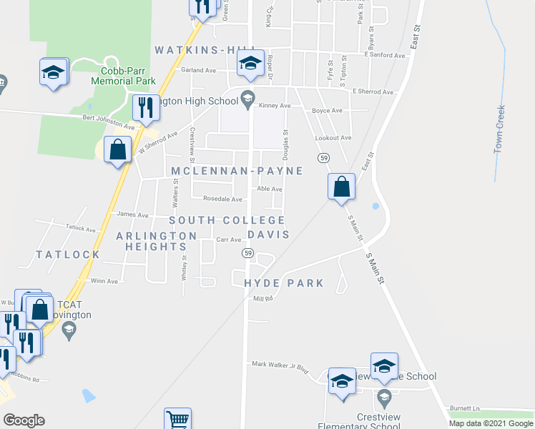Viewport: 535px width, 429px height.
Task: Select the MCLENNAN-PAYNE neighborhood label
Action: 237,171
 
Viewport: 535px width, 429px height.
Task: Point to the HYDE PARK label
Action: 284,283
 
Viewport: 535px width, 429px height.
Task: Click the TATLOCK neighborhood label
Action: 68,255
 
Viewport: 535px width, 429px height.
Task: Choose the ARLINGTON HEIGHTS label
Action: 157,241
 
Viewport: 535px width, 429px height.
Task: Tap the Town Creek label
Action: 500,129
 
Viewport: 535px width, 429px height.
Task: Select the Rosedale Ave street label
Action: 222,199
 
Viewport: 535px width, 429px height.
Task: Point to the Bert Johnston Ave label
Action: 108,120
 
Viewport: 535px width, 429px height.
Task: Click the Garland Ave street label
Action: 198,70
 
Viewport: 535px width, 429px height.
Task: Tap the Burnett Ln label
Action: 465,408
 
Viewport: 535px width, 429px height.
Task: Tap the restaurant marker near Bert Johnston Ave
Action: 146,108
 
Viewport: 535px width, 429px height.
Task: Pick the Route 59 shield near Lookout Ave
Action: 324,157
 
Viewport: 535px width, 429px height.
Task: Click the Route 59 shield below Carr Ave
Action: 247,253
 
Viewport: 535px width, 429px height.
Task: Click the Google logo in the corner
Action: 24,420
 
